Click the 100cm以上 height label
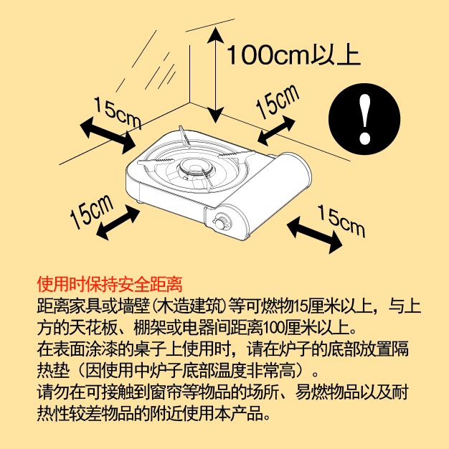[293, 55]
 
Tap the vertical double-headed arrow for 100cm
[215, 75]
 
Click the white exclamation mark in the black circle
[365, 119]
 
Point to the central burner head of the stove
[195, 169]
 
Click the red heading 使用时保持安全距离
[110, 284]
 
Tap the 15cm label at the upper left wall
[118, 113]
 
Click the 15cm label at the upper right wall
[277, 101]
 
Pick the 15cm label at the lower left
[92, 212]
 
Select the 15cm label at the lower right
[341, 220]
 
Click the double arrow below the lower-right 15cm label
[314, 235]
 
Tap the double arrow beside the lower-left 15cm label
[118, 222]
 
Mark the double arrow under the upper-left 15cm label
[108, 136]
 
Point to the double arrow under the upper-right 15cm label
[276, 131]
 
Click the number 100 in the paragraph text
[271, 328]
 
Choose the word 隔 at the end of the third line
[401, 349]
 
